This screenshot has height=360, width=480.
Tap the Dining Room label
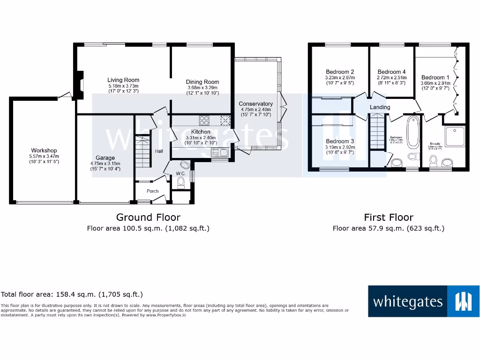pos(202,82)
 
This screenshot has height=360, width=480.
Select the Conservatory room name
pos(255,104)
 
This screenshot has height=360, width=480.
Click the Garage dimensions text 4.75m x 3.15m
pos(105,163)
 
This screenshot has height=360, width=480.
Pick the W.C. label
pos(181,173)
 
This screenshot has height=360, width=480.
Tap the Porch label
pos(152,191)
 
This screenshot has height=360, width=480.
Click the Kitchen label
pos(201,132)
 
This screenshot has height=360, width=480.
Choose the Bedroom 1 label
pos(435,77)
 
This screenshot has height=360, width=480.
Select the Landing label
pos(380,107)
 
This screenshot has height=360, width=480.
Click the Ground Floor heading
pos(148,217)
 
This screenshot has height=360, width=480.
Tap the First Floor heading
pos(389,217)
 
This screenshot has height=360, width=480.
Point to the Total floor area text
pos(72,295)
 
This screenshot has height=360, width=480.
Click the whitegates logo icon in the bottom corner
pos(464,301)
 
